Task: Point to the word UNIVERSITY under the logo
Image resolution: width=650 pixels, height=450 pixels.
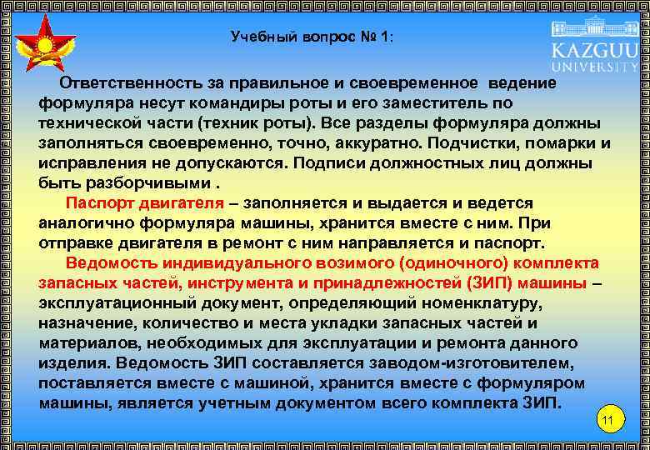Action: pos(594,66)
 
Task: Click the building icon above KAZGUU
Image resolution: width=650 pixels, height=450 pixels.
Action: pos(594,25)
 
